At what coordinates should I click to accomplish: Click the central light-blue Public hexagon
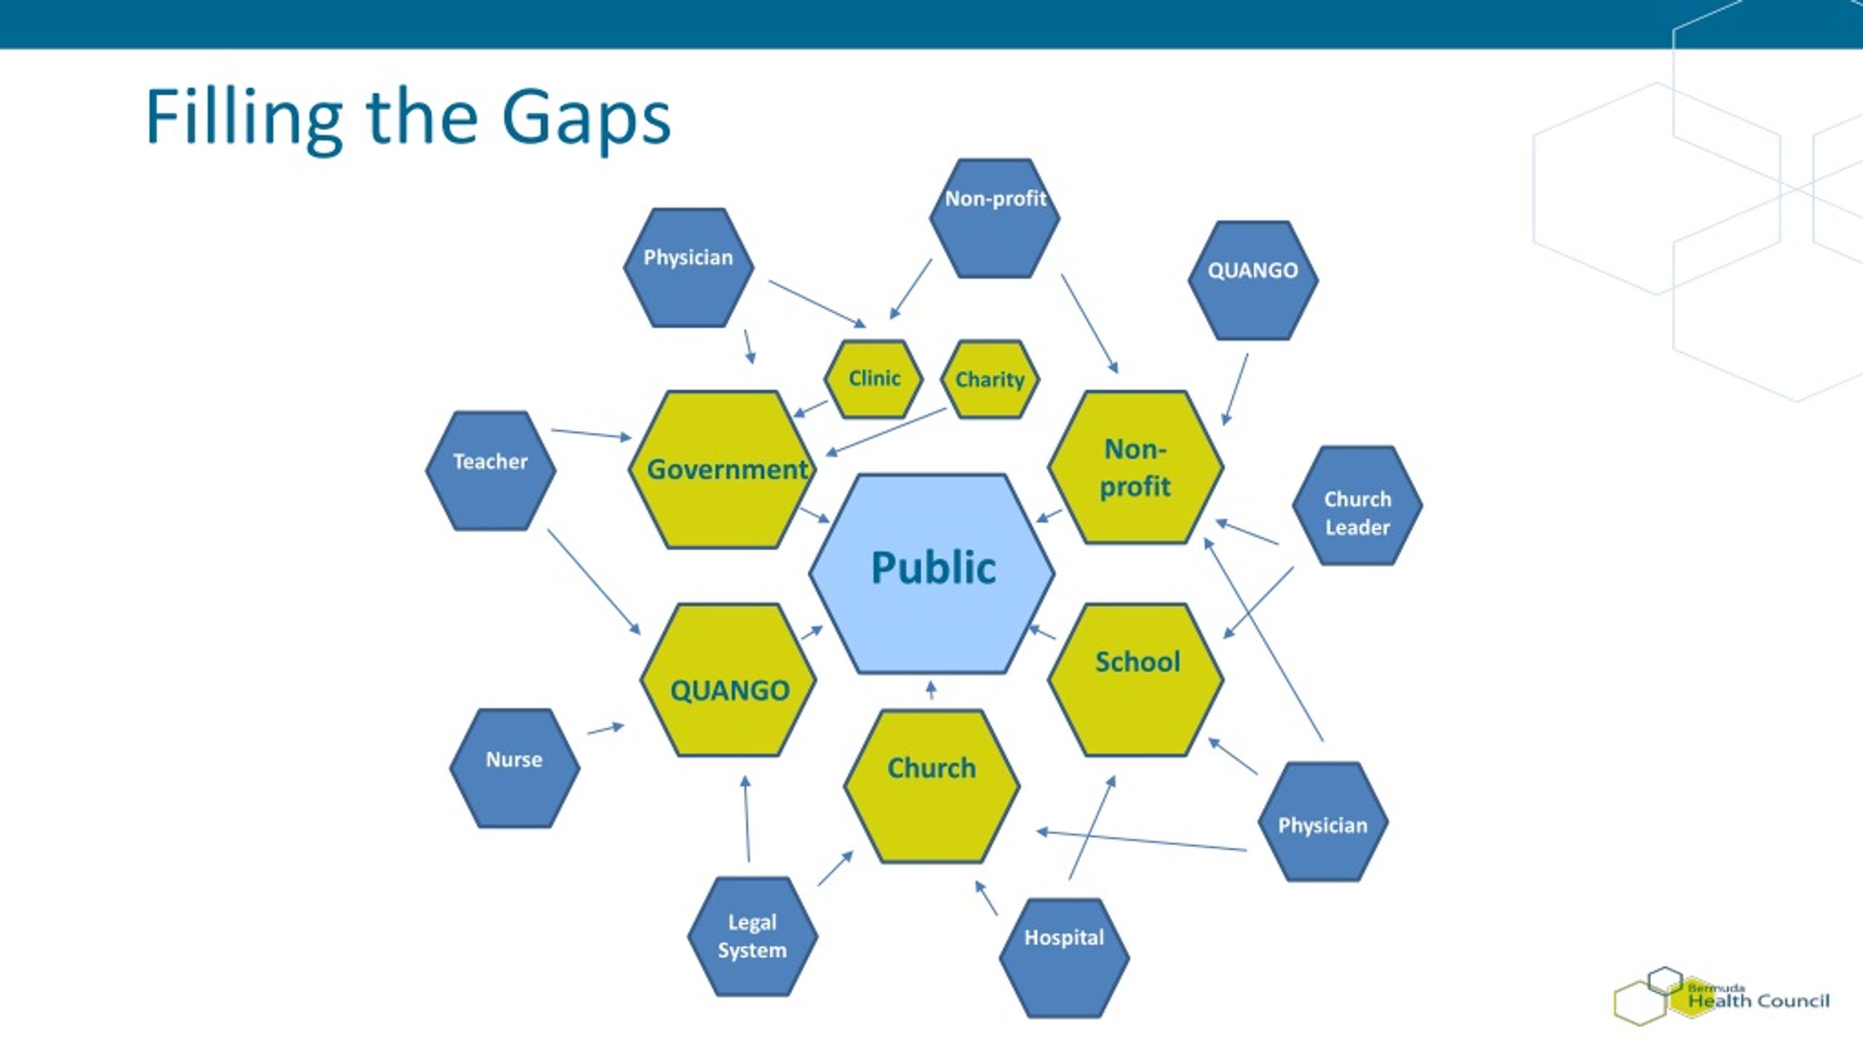pos(931,573)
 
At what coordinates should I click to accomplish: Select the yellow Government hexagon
pos(723,469)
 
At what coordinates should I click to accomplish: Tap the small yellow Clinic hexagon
pos(873,379)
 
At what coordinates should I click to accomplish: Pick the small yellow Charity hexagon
pos(990,379)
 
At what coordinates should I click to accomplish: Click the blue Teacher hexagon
pos(490,470)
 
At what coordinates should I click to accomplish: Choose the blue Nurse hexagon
pos(515,768)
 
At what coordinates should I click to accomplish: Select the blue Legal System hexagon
pos(752,936)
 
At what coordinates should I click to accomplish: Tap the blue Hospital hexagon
pos(1064,957)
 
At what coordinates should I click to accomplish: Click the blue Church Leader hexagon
pos(1357,506)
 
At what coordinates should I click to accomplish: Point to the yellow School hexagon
pos(1135,680)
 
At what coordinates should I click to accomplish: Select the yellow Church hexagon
pos(931,786)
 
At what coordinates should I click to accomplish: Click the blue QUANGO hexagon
pos(1253,280)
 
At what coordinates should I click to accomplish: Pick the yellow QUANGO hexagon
pos(728,680)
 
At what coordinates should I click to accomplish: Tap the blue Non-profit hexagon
pos(995,218)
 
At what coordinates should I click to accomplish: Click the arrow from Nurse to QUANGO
pos(605,729)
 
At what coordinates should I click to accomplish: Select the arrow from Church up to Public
pos(931,689)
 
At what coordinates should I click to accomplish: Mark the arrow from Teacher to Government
pos(592,434)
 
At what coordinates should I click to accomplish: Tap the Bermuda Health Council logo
pos(1721,996)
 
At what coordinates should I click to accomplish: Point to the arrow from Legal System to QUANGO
pos(747,819)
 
